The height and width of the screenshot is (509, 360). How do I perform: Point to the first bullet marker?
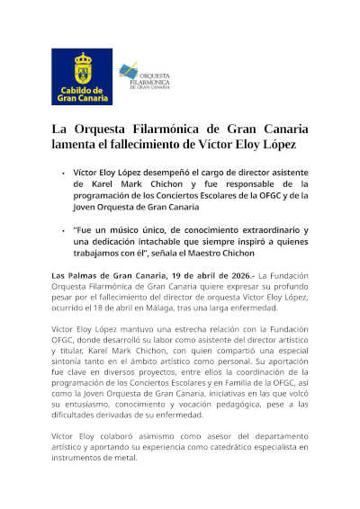[63, 171]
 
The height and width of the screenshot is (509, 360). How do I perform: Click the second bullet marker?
[63, 231]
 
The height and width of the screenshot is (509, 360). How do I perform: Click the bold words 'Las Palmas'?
[73, 274]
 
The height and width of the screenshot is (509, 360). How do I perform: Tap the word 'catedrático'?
[234, 447]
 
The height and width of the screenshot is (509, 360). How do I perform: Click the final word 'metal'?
[125, 459]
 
